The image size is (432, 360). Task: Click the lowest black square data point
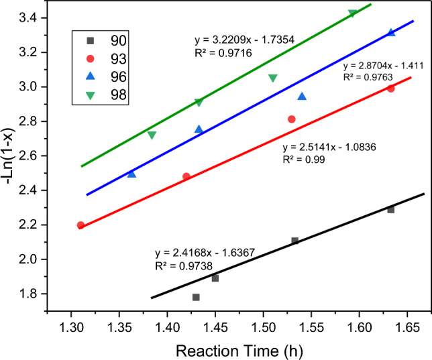[x=196, y=297]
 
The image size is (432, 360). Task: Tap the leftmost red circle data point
[x=80, y=225]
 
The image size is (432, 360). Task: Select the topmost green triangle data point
[x=353, y=13]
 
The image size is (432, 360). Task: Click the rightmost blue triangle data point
[x=391, y=32]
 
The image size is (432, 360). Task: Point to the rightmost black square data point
[x=391, y=210]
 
